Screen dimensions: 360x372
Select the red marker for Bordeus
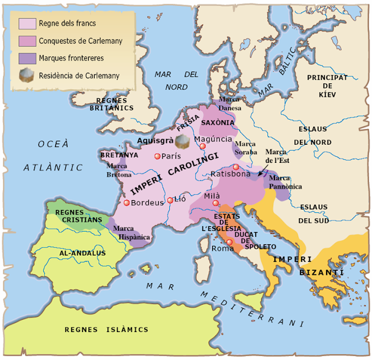[126, 202]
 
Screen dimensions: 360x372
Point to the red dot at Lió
[170, 200]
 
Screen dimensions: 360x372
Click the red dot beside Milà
[216, 203]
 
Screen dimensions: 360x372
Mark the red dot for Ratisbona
[235, 167]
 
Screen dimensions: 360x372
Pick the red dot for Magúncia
[202, 147]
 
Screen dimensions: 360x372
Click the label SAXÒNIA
[217, 123]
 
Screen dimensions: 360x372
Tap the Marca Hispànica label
[131, 233]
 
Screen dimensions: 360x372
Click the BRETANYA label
[119, 155]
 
